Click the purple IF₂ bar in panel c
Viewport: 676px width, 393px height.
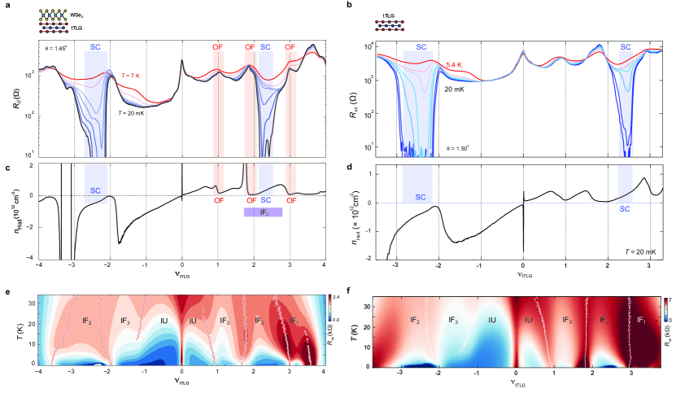(x=263, y=212)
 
